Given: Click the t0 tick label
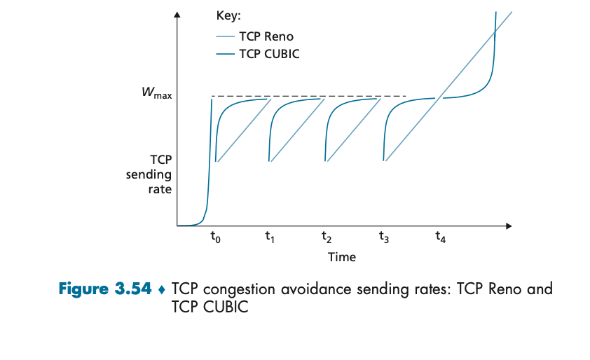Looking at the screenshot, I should coord(215,238).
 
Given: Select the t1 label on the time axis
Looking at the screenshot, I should coord(270,238).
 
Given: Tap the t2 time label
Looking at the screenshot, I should coord(326,238).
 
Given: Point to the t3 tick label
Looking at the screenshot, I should coord(383,238).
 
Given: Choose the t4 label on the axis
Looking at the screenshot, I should coord(439,238).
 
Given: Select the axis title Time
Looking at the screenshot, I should coord(342,257).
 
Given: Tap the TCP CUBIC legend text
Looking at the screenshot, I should coord(269,53).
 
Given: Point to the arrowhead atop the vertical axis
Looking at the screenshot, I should coord(178,15).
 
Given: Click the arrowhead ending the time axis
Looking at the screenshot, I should coord(509,226).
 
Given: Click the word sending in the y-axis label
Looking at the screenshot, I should coord(149,174).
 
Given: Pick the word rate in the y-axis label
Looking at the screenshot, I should coord(160,189).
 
